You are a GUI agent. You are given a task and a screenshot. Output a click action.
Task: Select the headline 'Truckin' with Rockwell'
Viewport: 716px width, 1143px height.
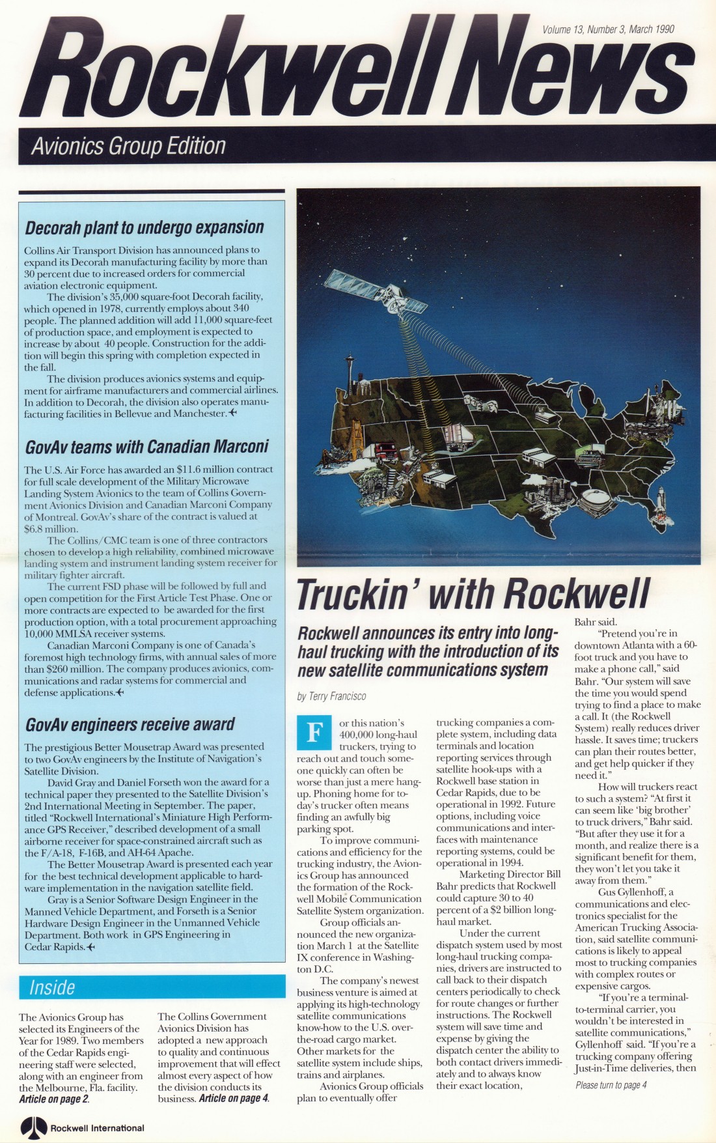(x=473, y=593)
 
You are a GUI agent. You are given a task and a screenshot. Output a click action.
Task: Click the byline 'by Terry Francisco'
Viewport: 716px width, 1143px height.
(x=331, y=696)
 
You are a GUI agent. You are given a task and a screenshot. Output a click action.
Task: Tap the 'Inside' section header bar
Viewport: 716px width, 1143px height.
(x=152, y=987)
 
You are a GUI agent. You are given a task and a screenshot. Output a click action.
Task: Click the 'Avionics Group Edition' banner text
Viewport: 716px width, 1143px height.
(x=128, y=146)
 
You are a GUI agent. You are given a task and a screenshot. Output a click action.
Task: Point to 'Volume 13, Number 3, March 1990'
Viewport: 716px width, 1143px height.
(x=608, y=29)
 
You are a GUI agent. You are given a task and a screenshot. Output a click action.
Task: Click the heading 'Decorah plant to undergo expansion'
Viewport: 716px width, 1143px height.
(x=145, y=227)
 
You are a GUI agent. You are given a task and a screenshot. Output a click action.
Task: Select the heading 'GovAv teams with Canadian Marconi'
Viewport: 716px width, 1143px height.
(x=146, y=447)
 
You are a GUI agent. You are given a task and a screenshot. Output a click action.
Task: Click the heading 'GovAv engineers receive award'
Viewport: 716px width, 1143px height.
(x=130, y=724)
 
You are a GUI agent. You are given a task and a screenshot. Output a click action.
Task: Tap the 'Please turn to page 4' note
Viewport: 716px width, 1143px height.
(x=611, y=1085)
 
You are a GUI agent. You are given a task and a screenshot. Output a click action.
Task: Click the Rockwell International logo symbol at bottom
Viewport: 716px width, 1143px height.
(x=34, y=1127)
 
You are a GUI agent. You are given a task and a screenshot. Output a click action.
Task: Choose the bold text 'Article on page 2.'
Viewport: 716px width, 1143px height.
(x=54, y=1099)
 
